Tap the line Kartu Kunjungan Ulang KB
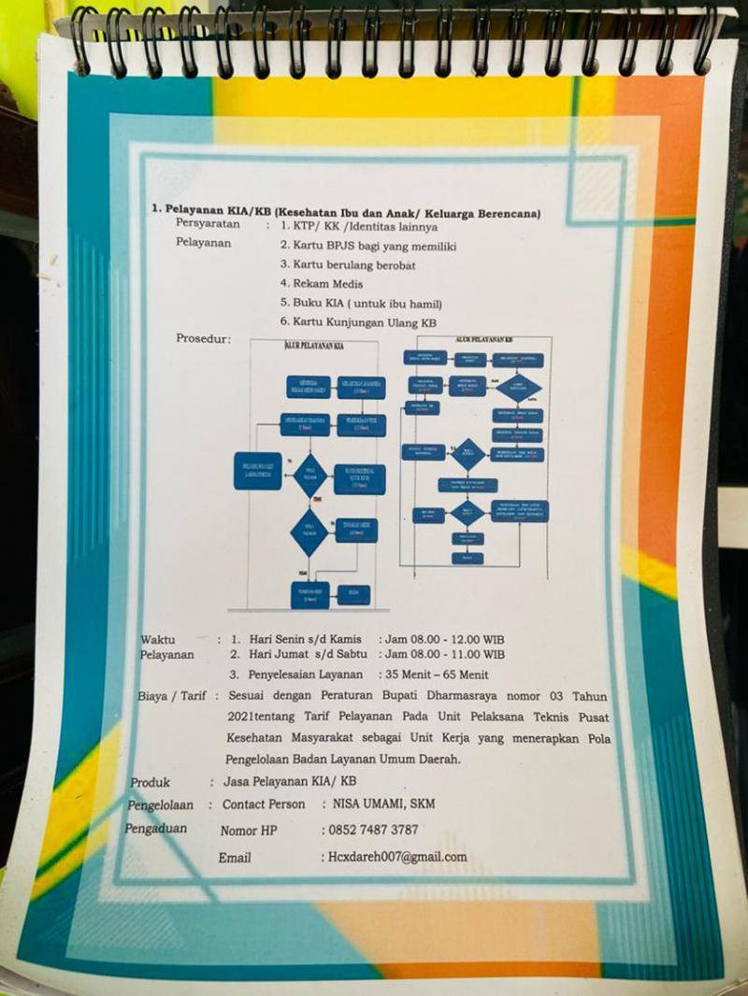359,321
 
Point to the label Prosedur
203,338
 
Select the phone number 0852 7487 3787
370,830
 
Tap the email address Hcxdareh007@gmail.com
395,857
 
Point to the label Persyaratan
208,225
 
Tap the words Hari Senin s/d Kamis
305,639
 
